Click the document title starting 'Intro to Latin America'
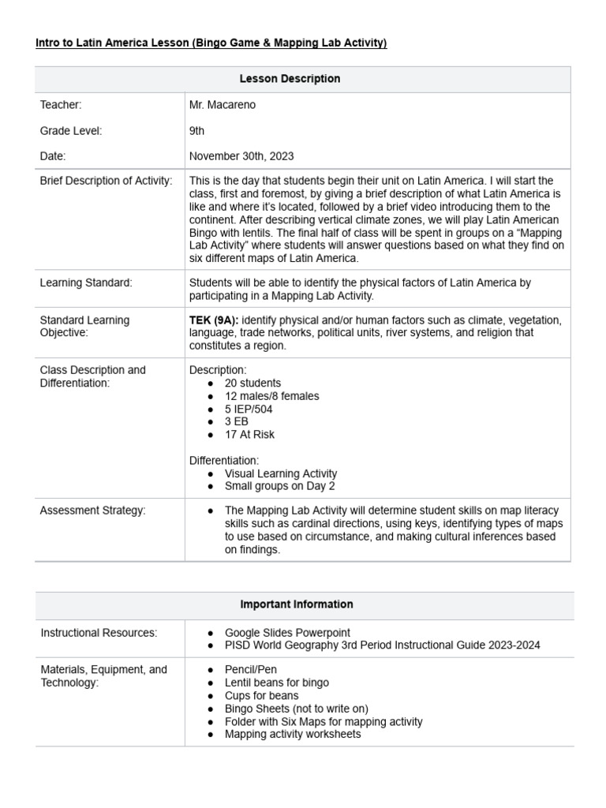[211, 43]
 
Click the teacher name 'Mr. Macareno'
[223, 105]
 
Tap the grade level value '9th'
[197, 131]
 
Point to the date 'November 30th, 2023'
[241, 156]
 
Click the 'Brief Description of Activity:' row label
[106, 181]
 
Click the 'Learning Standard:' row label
[86, 282]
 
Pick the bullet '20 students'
[252, 383]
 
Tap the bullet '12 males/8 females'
[272, 396]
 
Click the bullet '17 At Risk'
[249, 434]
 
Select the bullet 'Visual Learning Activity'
[281, 473]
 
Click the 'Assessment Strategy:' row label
[93, 511]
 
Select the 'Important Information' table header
[297, 604]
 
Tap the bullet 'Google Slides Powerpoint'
[287, 633]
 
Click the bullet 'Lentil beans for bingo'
[277, 683]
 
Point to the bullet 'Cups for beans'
[262, 696]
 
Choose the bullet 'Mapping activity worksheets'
[293, 734]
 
